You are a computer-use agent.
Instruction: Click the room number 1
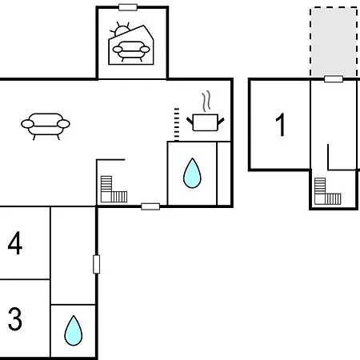point(280,125)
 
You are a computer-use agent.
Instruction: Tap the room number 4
point(15,243)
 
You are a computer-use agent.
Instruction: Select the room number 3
point(15,318)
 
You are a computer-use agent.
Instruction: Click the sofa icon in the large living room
point(46,126)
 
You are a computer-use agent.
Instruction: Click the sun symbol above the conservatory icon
point(121,30)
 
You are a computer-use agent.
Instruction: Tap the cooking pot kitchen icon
point(205,122)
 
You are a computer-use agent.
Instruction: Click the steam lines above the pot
point(206,101)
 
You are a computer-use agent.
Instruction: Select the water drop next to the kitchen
point(192,173)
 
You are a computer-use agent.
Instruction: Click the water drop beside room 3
point(74,330)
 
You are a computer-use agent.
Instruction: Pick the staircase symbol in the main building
point(114,189)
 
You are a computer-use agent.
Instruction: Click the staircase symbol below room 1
point(328,191)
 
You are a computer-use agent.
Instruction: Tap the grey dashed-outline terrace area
point(334,42)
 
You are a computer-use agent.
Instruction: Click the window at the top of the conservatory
point(128,7)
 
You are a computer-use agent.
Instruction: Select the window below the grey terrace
point(334,79)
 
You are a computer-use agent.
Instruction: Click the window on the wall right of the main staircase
point(150,206)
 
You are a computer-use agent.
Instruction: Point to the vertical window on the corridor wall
point(96,264)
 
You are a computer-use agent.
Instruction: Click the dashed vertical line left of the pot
point(177,124)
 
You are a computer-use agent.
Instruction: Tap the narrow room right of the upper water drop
point(224,174)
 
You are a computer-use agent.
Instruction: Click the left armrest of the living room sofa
point(27,124)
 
